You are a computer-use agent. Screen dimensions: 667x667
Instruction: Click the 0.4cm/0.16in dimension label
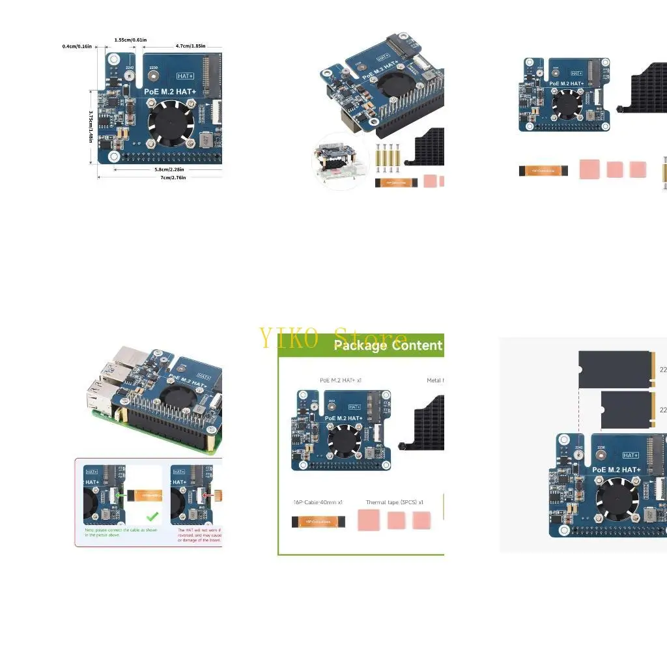tap(77, 46)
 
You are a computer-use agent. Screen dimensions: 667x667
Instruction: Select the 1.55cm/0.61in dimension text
tap(130, 40)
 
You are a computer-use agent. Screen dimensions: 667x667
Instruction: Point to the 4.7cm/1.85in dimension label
tap(190, 46)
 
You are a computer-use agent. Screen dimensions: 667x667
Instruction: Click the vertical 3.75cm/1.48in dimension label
tap(91, 127)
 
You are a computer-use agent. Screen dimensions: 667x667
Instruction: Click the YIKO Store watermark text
tap(333, 339)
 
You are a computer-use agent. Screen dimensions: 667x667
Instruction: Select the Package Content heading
tap(388, 345)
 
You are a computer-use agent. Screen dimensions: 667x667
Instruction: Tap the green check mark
tap(152, 517)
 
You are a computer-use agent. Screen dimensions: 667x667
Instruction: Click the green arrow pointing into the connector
tap(121, 496)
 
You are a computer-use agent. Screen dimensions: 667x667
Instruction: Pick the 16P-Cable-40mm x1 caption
tap(318, 502)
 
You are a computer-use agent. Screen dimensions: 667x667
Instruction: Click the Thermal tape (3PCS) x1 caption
tap(394, 502)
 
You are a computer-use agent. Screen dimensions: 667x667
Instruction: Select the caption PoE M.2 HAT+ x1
tap(341, 380)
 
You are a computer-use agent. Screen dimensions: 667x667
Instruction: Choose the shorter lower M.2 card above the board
tap(626, 410)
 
